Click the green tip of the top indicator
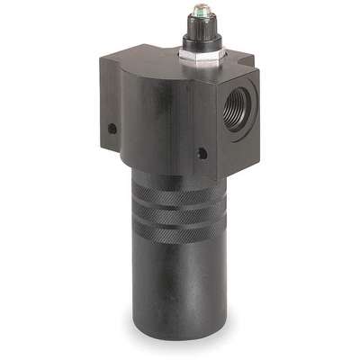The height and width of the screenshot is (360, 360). pos(202,12)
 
